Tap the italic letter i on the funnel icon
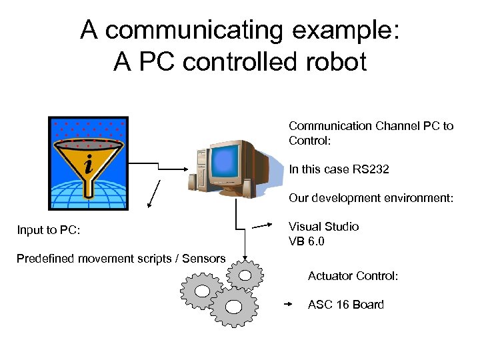[x=88, y=163]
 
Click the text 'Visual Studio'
[x=323, y=227]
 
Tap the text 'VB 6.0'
[x=306, y=241]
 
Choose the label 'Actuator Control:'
[x=353, y=275]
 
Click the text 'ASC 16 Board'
[x=345, y=305]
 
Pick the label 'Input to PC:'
[x=49, y=231]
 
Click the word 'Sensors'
[x=203, y=259]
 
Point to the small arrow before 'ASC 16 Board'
[x=288, y=304]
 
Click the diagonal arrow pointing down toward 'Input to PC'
[x=153, y=195]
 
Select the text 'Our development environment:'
[x=371, y=198]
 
